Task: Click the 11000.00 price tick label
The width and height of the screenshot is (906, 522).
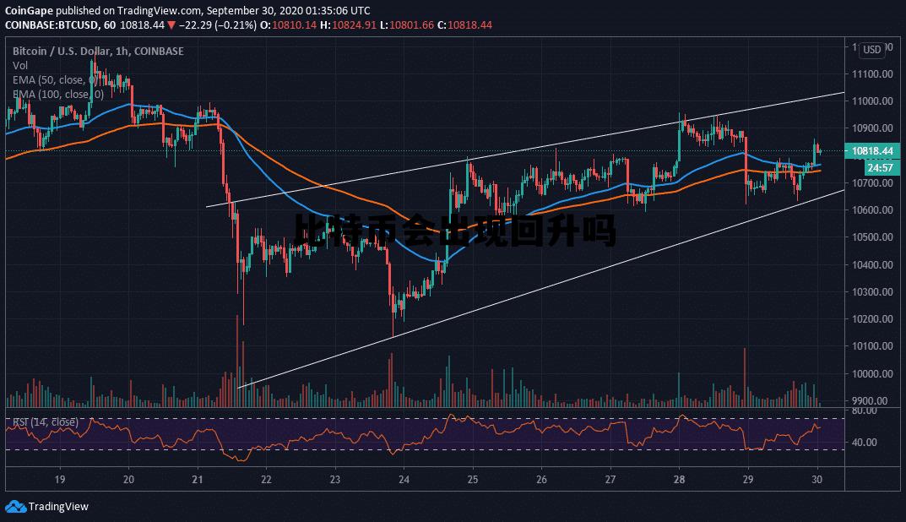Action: (x=873, y=101)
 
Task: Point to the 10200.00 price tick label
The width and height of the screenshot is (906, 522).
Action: (x=873, y=319)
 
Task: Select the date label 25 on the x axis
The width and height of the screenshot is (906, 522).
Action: (x=473, y=480)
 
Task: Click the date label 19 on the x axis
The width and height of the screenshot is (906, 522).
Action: (x=60, y=480)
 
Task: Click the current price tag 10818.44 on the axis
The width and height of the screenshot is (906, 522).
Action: (x=873, y=151)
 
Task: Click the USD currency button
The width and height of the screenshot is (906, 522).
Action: (x=872, y=50)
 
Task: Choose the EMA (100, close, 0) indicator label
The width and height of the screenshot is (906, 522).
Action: (x=57, y=94)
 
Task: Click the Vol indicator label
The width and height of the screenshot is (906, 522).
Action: (x=20, y=65)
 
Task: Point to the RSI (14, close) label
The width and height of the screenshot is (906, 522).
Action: (x=44, y=421)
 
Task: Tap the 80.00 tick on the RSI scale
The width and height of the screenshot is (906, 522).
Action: (x=865, y=411)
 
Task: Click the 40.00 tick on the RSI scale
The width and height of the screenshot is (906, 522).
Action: (x=865, y=443)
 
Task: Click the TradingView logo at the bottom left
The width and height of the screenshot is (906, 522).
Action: (x=47, y=507)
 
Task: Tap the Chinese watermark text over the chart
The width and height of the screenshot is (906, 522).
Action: (x=456, y=230)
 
